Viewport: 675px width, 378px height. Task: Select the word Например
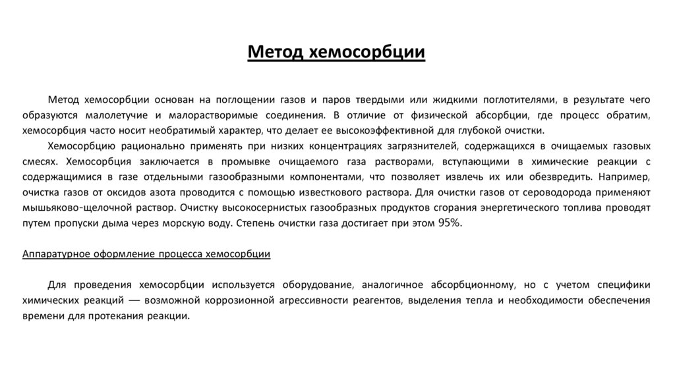tap(626, 177)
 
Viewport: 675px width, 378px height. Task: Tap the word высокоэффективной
tap(364, 130)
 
